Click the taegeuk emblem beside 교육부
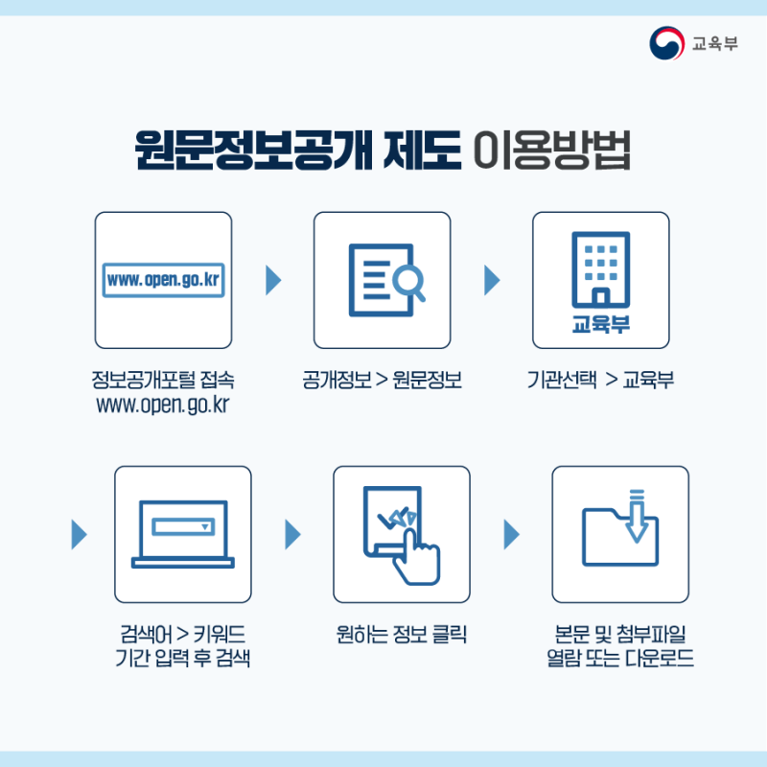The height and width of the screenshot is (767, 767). tap(667, 43)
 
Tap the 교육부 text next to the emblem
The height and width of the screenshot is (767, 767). tap(715, 44)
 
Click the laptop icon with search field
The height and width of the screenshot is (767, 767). tap(183, 532)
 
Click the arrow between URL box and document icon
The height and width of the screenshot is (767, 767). tap(273, 280)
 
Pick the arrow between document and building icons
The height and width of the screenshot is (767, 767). tap(492, 280)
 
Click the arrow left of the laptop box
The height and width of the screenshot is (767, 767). tap(80, 534)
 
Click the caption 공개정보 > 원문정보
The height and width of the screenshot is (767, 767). tap(382, 381)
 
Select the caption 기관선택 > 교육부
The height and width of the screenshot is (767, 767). tap(600, 381)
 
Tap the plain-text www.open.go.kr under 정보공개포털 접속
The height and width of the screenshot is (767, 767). tap(163, 404)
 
